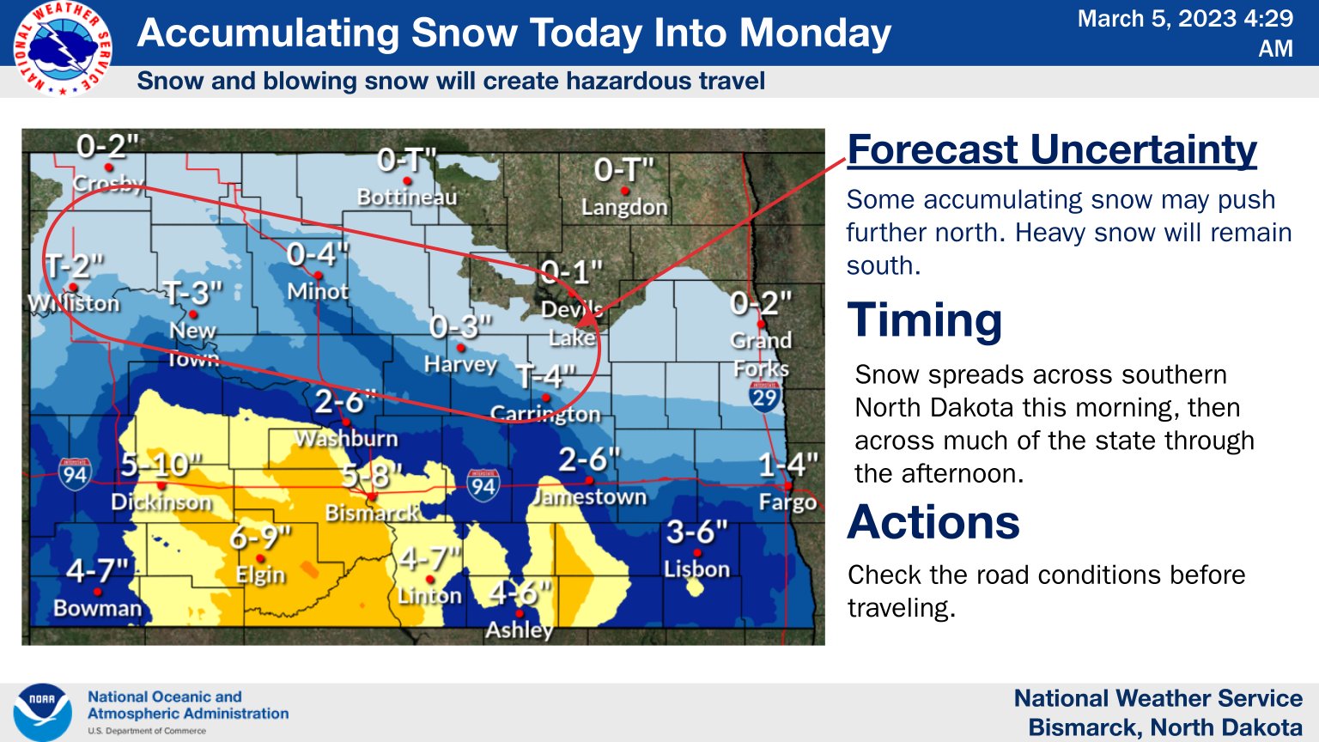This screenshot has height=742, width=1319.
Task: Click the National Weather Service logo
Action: [x=61, y=48]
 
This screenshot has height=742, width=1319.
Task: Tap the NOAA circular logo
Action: [x=42, y=712]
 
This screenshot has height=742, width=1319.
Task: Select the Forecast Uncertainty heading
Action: [x=1051, y=150]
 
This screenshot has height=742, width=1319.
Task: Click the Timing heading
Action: [x=925, y=320]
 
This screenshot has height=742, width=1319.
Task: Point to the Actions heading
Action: [x=933, y=522]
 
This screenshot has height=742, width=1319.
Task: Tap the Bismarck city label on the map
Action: [x=371, y=514]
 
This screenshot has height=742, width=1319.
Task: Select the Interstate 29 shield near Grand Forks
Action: [x=763, y=397]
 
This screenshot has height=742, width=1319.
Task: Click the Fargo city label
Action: [x=787, y=502]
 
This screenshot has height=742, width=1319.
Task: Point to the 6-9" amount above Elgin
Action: [x=260, y=538]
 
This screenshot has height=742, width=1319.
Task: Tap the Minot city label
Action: [x=318, y=292]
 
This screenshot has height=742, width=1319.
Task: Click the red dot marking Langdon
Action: [x=625, y=191]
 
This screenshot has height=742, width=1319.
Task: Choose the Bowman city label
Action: [x=97, y=608]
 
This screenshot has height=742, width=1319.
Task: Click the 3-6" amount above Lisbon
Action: [x=696, y=532]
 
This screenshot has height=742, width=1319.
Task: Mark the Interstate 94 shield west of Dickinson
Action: [x=75, y=474]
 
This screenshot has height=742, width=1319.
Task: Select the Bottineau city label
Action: [x=407, y=198]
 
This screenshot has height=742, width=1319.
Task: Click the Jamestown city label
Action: [x=590, y=497]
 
